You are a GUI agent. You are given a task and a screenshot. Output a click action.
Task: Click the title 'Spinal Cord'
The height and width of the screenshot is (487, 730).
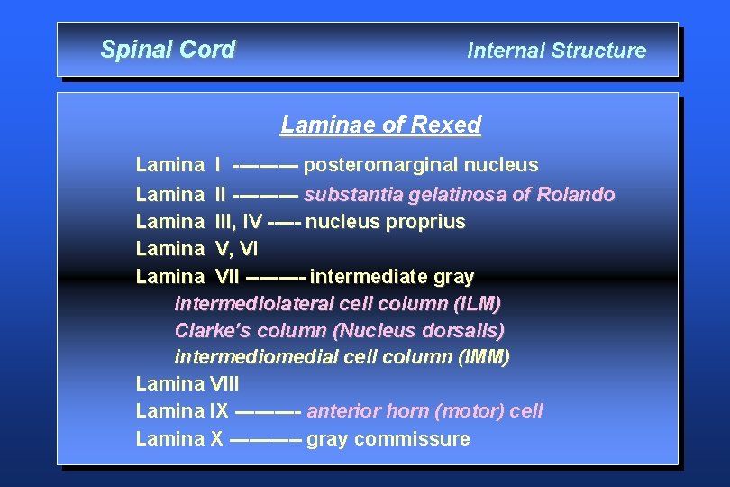tap(168, 50)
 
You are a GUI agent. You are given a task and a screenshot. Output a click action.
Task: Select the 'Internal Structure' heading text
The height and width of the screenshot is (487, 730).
tap(556, 51)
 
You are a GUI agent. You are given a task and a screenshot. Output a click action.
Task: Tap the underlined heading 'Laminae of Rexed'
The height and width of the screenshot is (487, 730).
tap(380, 124)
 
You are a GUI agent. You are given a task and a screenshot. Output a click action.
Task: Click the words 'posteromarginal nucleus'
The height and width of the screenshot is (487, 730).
tap(421, 165)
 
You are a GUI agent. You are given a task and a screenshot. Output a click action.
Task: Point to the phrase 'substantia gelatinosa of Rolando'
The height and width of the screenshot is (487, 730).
tap(460, 194)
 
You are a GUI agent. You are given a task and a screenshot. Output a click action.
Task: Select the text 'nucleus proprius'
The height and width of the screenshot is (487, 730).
tap(386, 221)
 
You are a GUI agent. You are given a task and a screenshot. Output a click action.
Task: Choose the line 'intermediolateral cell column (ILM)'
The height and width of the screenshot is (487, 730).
tap(337, 303)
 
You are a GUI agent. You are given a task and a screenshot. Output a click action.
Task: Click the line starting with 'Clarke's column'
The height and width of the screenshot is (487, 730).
tap(339, 330)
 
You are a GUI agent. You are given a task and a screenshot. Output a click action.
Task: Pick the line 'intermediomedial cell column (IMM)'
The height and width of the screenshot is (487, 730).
tap(342, 357)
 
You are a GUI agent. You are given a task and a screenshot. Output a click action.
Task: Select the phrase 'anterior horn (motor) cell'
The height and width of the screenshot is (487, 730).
tap(424, 411)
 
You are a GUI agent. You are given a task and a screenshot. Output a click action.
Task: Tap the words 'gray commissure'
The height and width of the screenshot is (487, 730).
tap(388, 439)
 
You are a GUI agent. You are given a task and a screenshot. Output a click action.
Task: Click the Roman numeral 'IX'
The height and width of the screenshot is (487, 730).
tap(218, 411)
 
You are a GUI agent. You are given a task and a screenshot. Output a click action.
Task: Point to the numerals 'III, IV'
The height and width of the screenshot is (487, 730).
tap(239, 221)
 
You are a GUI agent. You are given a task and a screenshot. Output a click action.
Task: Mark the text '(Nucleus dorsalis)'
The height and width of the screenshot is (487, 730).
tap(430, 330)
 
